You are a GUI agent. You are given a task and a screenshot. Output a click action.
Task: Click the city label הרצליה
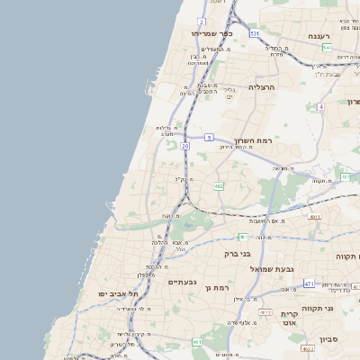(261, 87)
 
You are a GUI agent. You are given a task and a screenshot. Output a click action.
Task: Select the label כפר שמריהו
(212, 34)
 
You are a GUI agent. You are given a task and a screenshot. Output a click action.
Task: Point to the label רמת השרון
(251, 140)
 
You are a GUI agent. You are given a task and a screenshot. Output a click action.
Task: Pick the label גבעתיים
(182, 282)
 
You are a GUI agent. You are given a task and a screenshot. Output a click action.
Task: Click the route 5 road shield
(209, 138)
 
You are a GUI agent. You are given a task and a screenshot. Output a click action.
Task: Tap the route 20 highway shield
(184, 145)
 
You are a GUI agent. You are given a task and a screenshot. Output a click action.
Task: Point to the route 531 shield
(255, 33)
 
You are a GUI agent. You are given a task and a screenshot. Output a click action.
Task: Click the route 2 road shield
(202, 21)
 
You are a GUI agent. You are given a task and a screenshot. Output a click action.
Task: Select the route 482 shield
(219, 186)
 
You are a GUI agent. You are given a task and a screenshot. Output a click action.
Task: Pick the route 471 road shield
(309, 283)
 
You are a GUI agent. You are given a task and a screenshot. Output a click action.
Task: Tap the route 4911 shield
(314, 217)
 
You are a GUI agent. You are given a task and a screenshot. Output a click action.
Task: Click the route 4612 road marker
(265, 312)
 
